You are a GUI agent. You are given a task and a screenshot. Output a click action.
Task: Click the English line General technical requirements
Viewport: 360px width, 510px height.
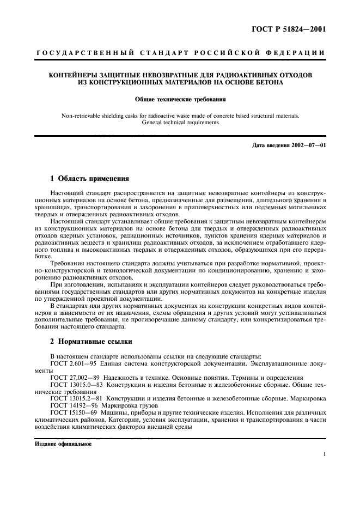click(180, 123)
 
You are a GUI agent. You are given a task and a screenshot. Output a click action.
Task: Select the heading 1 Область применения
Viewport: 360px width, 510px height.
click(89, 179)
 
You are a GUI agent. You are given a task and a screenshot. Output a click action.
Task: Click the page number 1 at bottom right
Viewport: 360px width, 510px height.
click(324, 453)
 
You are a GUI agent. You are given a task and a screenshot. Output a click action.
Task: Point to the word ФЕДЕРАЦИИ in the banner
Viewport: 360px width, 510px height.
click(300, 53)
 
